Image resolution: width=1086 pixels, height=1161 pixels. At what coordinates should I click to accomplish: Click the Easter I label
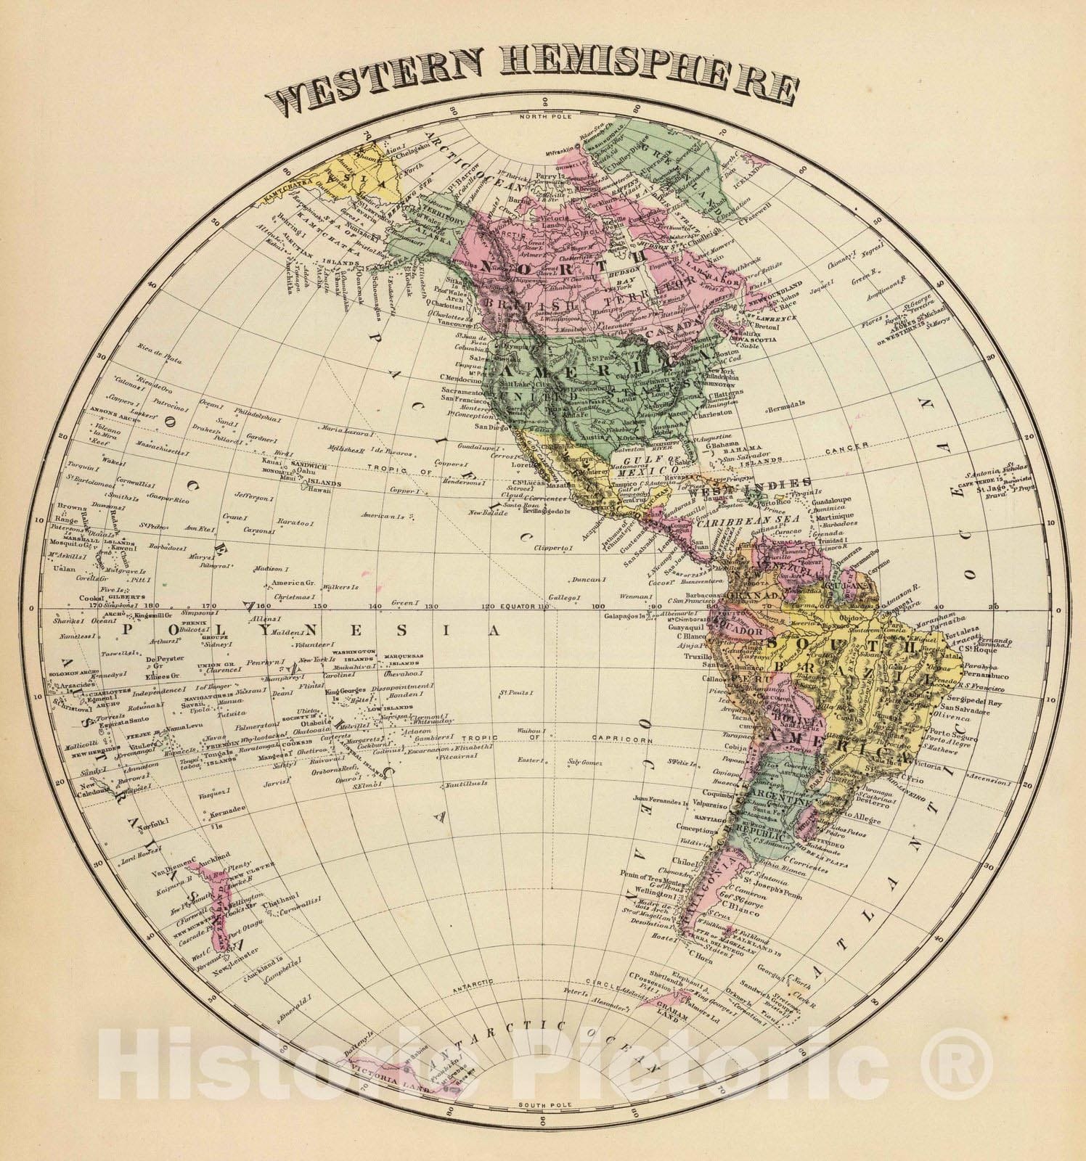point(531,760)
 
